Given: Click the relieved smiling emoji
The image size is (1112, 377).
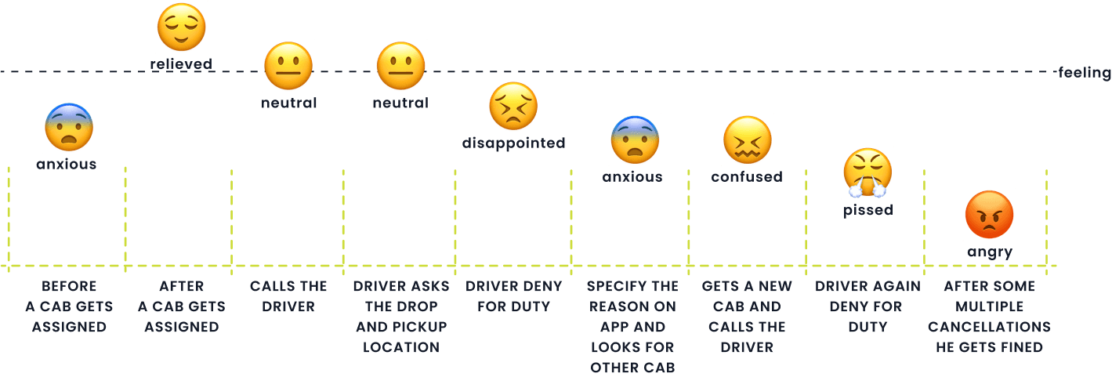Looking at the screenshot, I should [181, 27].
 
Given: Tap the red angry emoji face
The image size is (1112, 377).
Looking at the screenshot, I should [989, 215].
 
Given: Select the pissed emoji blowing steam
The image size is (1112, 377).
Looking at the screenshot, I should [868, 172].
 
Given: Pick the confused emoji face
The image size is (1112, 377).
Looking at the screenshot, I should [747, 140].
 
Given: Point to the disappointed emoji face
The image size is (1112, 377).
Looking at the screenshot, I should [513, 107].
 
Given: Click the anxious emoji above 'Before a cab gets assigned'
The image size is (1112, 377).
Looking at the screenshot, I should [69, 129].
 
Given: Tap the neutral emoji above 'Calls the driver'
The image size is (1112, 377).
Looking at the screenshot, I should [288, 67].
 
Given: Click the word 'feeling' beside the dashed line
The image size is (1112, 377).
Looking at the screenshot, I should [1085, 73].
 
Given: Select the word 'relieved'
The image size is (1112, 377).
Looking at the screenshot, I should [181, 64].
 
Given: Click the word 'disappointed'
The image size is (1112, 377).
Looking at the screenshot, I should [513, 143].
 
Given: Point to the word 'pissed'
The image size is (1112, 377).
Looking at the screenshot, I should [868, 210].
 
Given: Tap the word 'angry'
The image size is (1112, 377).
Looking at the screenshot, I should [989, 252].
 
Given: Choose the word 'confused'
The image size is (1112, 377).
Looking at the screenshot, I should [747, 177].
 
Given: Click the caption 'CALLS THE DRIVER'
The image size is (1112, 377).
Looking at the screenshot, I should [288, 296].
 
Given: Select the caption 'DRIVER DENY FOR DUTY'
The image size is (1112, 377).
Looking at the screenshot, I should [513, 296].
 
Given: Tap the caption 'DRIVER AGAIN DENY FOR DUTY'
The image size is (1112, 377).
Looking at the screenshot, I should [868, 306].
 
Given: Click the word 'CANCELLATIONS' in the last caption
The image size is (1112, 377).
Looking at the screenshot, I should [989, 327].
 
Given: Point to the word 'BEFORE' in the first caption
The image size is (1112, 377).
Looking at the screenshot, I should [69, 286].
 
